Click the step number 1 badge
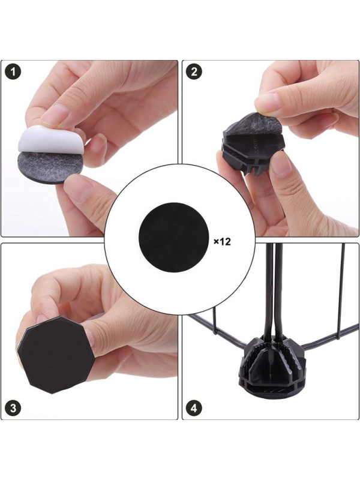point(13,72)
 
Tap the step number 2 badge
point(194,72)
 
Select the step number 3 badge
point(13,409)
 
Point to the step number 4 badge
point(194,409)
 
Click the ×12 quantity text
point(222,242)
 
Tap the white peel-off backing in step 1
point(47,139)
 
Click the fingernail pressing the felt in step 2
point(268,101)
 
